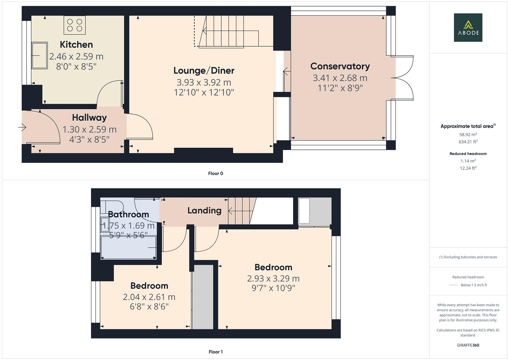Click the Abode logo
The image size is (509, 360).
tap(468, 28)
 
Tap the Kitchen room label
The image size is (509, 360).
tap(76, 45)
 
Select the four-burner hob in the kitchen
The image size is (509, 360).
tap(75, 25)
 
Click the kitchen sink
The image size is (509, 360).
tap(40, 55)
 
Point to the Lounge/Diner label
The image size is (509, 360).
tap(204, 71)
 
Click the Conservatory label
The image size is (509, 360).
tap(340, 66)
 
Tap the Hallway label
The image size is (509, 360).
tap(89, 118)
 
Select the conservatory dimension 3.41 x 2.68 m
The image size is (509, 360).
tap(340, 78)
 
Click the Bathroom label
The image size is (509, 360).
tap(128, 214)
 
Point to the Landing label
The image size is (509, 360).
tap(204, 210)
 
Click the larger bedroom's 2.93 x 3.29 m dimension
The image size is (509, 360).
tap(273, 278)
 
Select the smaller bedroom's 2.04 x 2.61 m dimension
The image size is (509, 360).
tap(149, 297)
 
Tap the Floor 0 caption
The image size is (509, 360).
tap(215, 173)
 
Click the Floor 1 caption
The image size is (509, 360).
tap(215, 352)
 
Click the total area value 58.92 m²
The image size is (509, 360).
tap(468, 135)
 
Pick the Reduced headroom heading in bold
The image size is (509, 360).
tap(468, 154)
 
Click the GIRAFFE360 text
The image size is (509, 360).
tap(468, 345)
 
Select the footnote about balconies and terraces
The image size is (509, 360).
tap(468, 257)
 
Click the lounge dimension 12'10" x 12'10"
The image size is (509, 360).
tap(204, 92)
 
